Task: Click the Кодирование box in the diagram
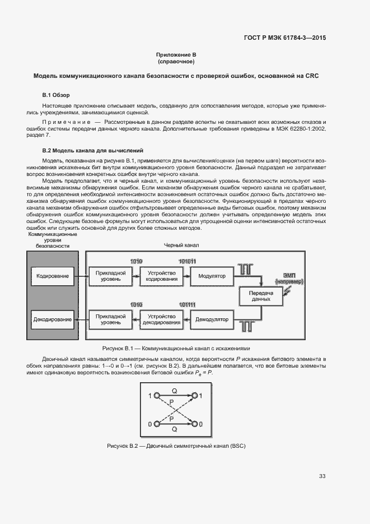52,276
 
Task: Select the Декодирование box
52,319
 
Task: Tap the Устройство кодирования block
161,276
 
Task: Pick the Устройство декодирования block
161,319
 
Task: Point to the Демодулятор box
212,319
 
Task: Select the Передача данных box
261,296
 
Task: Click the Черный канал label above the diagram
181,245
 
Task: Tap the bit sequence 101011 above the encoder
187,262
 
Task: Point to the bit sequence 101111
187,304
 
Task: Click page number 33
322,476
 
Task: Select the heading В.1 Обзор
56,95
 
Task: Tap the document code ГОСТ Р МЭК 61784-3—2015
285,38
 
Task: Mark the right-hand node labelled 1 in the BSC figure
194,396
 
